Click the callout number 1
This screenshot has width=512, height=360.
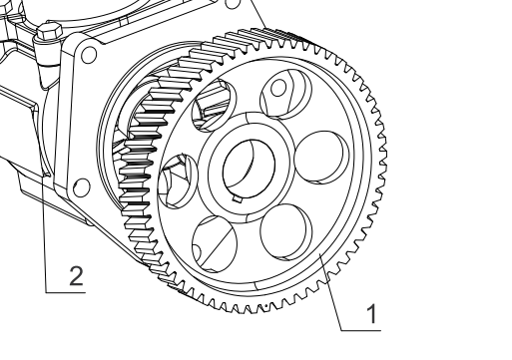coord(372,313)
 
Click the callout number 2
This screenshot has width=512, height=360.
coord(76,275)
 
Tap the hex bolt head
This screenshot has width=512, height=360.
coord(50,32)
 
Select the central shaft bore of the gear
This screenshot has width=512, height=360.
coord(249,169)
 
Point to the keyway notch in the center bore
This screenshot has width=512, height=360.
coord(237,198)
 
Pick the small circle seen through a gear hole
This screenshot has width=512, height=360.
coord(278,88)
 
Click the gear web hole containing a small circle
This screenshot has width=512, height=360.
coord(285,94)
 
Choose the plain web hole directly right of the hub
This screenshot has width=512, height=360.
coord(321,158)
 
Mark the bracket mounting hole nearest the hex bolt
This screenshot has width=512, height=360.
coord(89,55)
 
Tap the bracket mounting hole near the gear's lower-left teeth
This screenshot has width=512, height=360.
coord(82,187)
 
